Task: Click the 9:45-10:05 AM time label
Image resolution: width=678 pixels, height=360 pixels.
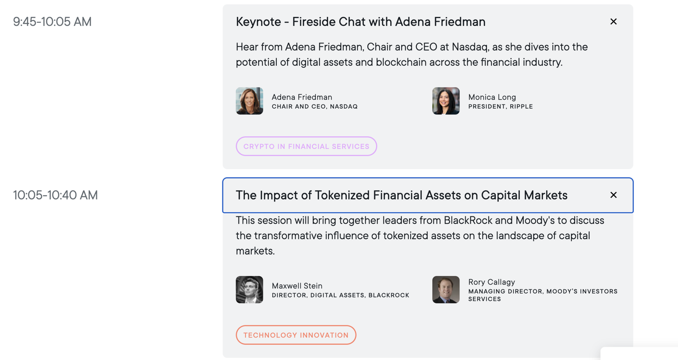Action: click(x=52, y=22)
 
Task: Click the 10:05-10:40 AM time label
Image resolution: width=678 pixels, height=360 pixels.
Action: click(x=56, y=195)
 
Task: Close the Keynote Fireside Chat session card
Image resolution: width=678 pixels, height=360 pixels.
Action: click(x=613, y=22)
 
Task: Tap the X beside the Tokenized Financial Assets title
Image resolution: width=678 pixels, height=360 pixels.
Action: click(x=613, y=195)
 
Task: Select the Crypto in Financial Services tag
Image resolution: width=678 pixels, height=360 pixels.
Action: click(x=306, y=147)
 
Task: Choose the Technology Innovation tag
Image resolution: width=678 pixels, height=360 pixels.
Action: click(x=296, y=335)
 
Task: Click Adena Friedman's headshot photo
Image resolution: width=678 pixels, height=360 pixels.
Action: click(x=250, y=101)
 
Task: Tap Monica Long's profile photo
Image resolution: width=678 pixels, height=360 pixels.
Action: click(x=446, y=101)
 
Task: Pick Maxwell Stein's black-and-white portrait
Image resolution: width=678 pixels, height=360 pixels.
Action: click(x=250, y=290)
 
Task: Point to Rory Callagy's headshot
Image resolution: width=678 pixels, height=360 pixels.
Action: click(x=446, y=290)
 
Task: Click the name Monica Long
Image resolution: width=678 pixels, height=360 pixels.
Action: click(x=492, y=97)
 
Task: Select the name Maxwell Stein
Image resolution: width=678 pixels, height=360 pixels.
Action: click(x=297, y=286)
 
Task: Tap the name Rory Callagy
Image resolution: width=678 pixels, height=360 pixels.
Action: click(x=492, y=282)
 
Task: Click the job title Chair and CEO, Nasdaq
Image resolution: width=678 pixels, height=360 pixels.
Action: click(x=314, y=107)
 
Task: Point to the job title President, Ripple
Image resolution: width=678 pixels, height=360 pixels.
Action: click(x=500, y=107)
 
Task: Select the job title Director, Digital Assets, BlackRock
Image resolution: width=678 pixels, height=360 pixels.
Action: click(x=340, y=295)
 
